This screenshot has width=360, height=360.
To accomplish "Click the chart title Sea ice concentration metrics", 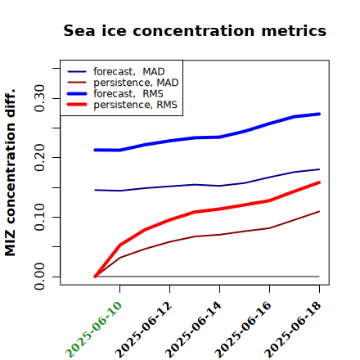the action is [195, 30].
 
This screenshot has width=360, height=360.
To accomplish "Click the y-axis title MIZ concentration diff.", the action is [10, 173].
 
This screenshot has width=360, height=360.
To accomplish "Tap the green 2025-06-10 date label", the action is [93, 330].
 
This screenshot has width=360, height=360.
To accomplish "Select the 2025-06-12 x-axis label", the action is [144, 330].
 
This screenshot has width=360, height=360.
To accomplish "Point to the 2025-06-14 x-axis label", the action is [193, 330].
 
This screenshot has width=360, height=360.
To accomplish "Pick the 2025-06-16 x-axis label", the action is [243, 330].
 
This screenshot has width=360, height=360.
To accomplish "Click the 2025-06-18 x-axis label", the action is [293, 330].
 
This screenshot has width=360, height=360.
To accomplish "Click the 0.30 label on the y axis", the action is [39, 98].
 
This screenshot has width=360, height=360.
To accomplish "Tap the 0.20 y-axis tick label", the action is [39, 157].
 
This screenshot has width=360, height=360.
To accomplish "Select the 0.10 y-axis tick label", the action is [39, 217].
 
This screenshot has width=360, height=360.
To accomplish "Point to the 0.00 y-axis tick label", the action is [39, 277].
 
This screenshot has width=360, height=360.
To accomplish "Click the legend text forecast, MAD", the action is [129, 72].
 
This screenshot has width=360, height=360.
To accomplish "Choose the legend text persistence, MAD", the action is [136, 83].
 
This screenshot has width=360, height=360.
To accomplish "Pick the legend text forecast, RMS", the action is [128, 93].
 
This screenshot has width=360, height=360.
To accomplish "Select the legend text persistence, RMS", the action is [135, 105].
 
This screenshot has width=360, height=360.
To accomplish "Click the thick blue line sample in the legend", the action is [77, 94].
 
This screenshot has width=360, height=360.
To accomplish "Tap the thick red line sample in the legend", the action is [77, 105].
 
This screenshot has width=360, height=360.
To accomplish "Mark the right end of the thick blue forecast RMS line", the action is [319, 114].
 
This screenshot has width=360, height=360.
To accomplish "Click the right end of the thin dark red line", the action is [319, 211].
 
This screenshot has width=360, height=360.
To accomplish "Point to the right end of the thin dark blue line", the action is [319, 169].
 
